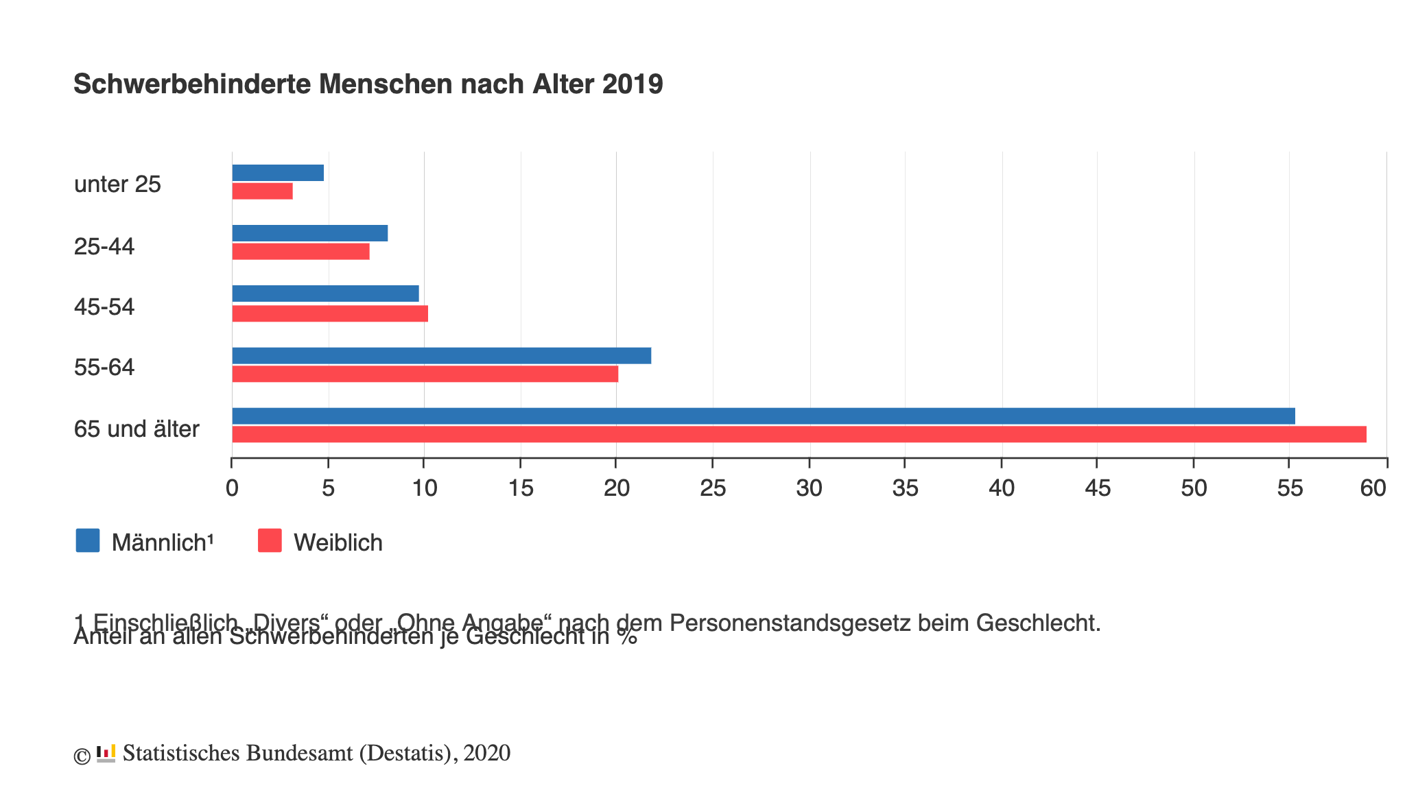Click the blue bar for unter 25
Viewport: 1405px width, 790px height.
coord(278,173)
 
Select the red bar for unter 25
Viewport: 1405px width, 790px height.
coord(262,191)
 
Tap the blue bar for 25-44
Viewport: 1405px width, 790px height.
coord(309,233)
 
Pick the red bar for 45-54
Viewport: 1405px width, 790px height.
coord(330,313)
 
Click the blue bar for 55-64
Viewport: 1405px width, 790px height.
coord(441,356)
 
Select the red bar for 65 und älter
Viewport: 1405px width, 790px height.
coord(799,434)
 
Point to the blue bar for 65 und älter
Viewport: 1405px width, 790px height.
coord(763,416)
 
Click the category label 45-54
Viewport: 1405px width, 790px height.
coord(104,307)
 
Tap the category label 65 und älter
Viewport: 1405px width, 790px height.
coord(137,429)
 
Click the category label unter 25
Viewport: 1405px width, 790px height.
coord(117,184)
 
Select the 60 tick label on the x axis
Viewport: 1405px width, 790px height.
coord(1373,488)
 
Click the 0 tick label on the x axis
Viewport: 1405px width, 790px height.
coord(232,488)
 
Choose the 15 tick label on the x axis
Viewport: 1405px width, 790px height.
coord(521,488)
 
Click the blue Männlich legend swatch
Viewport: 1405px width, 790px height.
coord(88,540)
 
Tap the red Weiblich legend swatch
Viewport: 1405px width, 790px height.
coord(270,540)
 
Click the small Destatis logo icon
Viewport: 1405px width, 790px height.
coord(106,753)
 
